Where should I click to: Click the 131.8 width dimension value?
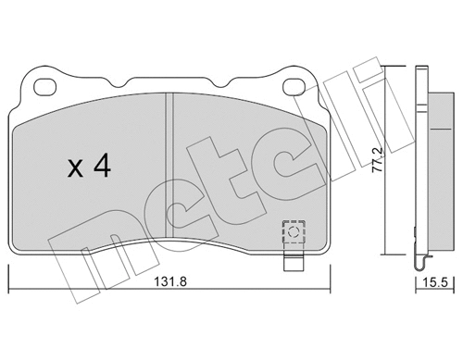[x=170, y=281]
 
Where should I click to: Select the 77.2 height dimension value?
[x=377, y=159]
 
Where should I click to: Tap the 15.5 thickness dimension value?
[x=435, y=282]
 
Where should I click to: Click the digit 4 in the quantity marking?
[x=102, y=166]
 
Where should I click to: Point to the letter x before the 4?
[x=75, y=169]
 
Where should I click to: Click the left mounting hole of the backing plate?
[x=44, y=87]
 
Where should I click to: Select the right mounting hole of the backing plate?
[x=294, y=87]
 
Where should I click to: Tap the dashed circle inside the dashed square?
[x=294, y=231]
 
